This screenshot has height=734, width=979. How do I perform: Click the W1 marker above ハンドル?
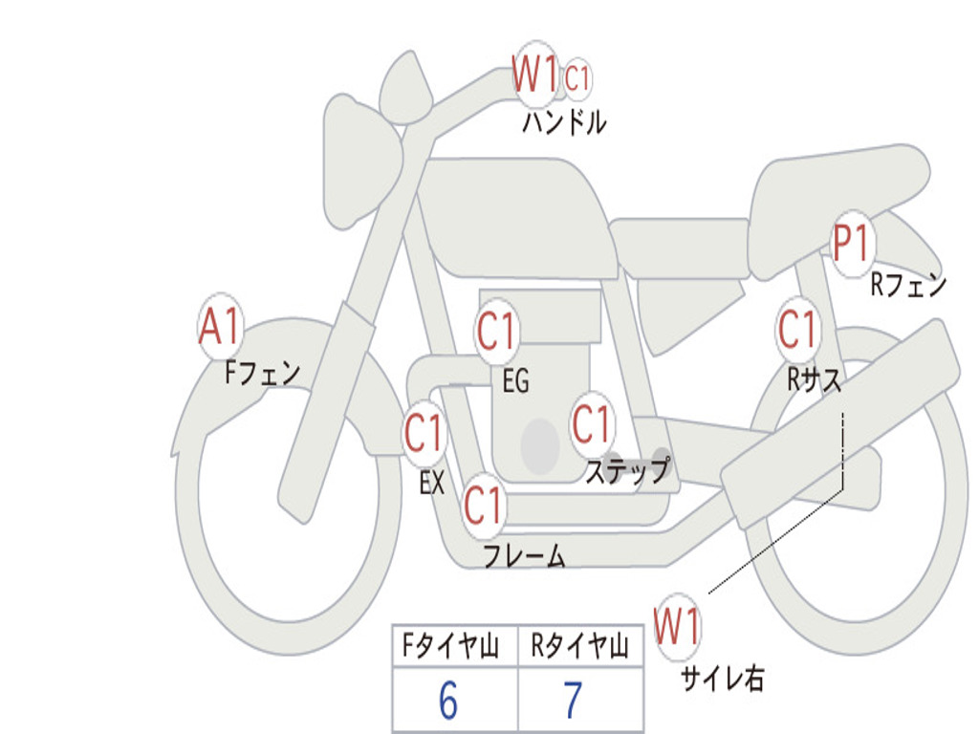535,74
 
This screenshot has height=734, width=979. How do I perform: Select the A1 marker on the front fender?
221,327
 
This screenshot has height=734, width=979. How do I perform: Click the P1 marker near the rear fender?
850,244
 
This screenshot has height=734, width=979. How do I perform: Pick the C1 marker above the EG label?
496,332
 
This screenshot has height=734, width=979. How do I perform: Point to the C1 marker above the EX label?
424,434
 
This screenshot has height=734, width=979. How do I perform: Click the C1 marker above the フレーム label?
483,504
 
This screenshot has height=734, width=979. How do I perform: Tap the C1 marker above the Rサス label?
797,330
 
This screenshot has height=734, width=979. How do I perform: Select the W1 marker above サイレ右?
677,627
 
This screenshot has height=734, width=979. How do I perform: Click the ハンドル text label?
564,123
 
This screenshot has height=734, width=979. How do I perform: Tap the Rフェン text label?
907,285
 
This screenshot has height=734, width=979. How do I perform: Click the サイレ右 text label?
722,679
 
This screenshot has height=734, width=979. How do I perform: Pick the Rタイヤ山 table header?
579,647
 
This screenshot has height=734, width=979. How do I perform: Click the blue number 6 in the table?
447,701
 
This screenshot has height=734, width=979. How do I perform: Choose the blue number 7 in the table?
573,701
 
